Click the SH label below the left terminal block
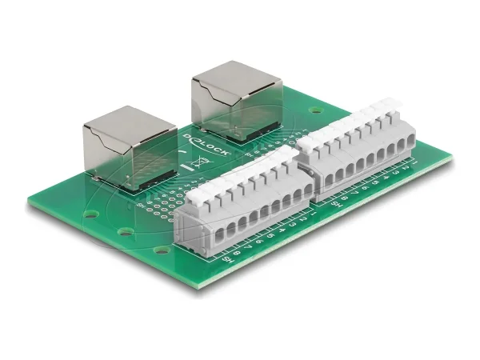click(229, 261)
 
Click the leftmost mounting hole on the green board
click(90, 214)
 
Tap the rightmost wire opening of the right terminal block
click(401, 146)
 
